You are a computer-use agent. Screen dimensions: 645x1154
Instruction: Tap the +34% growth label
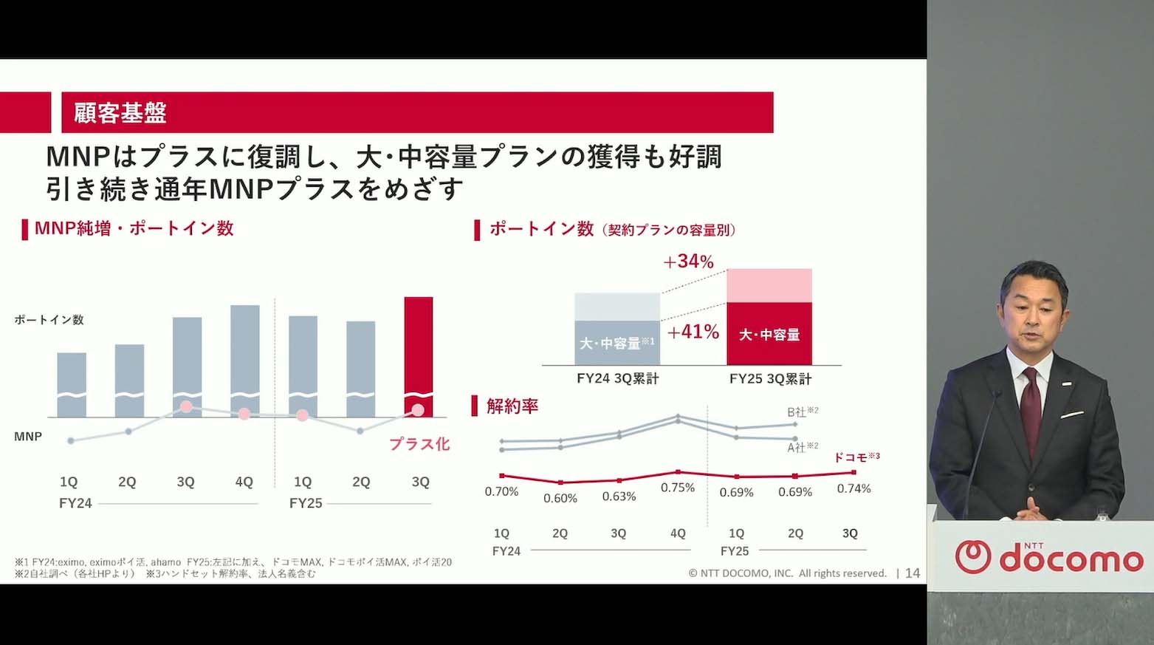[x=688, y=262]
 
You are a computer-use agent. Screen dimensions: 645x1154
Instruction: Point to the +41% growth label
[x=693, y=332]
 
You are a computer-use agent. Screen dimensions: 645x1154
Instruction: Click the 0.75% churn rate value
[x=677, y=488]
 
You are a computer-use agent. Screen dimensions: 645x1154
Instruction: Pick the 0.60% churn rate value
[x=560, y=498]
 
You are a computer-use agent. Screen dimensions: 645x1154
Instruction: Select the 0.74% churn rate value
[x=854, y=488]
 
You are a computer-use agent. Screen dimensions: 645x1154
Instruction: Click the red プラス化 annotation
[x=419, y=444]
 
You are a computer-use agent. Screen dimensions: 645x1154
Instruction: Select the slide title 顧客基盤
[x=120, y=113]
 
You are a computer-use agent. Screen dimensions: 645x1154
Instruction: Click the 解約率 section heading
[x=512, y=406]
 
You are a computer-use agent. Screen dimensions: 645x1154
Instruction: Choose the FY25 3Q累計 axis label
[x=770, y=379]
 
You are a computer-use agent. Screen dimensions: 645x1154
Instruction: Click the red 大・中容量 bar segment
[x=769, y=334]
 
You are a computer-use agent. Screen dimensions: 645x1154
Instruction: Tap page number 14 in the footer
[x=913, y=573]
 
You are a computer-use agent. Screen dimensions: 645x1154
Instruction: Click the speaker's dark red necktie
[x=1031, y=403]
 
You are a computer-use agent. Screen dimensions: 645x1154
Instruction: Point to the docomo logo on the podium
[x=1048, y=558]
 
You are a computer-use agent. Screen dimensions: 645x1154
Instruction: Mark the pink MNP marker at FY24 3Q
[x=187, y=406]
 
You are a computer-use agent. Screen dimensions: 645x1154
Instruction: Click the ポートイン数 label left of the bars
[x=49, y=320]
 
